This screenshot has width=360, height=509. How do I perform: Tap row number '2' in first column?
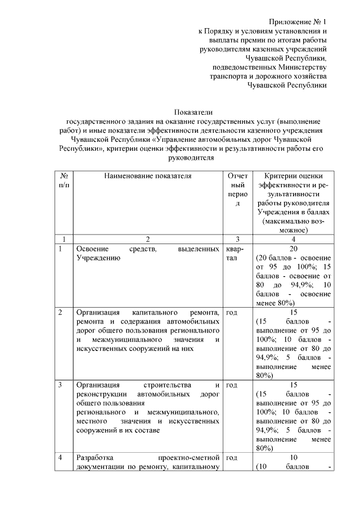pos(61,312)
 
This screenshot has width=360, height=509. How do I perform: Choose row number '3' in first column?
pos(61,385)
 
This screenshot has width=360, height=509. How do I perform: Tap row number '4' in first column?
pos(61,458)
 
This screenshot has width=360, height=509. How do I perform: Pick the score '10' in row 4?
pos(293,458)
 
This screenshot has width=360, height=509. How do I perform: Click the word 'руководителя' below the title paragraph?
pos(193,159)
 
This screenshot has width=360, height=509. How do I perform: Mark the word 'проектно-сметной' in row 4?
pos(189,458)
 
